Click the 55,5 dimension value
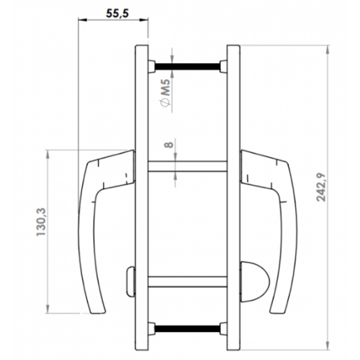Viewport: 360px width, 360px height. point(117,14)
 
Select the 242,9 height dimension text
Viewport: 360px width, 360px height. point(322,187)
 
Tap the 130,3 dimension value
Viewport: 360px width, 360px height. point(41,222)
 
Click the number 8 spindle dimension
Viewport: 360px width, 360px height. point(168,145)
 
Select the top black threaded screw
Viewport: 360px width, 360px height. point(187,66)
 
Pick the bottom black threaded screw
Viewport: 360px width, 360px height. point(187,328)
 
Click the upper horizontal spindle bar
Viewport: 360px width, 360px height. point(187,166)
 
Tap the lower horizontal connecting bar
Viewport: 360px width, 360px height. point(187,282)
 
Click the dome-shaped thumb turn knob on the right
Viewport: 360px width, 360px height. point(254,282)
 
